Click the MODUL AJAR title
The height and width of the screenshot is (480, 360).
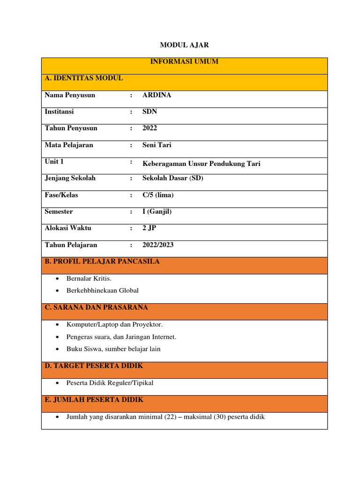[x=184, y=45]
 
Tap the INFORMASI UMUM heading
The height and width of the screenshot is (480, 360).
[x=184, y=61]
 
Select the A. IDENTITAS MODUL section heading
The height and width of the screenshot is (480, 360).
[x=84, y=78]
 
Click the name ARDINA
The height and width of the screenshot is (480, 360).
[x=157, y=95]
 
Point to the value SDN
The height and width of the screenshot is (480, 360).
[x=150, y=112]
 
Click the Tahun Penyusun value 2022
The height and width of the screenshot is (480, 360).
[x=150, y=128]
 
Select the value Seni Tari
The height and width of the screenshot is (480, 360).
[x=157, y=145]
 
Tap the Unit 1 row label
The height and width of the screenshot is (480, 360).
[x=54, y=162]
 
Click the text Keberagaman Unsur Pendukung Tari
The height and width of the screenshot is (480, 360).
[x=201, y=164]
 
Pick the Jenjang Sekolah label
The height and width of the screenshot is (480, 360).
[x=70, y=178]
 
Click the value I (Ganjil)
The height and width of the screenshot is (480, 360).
[x=157, y=211]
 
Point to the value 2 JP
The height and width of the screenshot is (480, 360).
[x=150, y=228]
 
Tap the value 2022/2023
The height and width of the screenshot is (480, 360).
[x=157, y=245]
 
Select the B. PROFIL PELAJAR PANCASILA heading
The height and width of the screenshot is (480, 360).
[x=102, y=262]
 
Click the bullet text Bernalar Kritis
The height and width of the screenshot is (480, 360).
[x=89, y=279]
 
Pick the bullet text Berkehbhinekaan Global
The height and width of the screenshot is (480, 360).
[x=103, y=291]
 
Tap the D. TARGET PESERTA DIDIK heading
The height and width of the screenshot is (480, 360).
[x=94, y=366]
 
